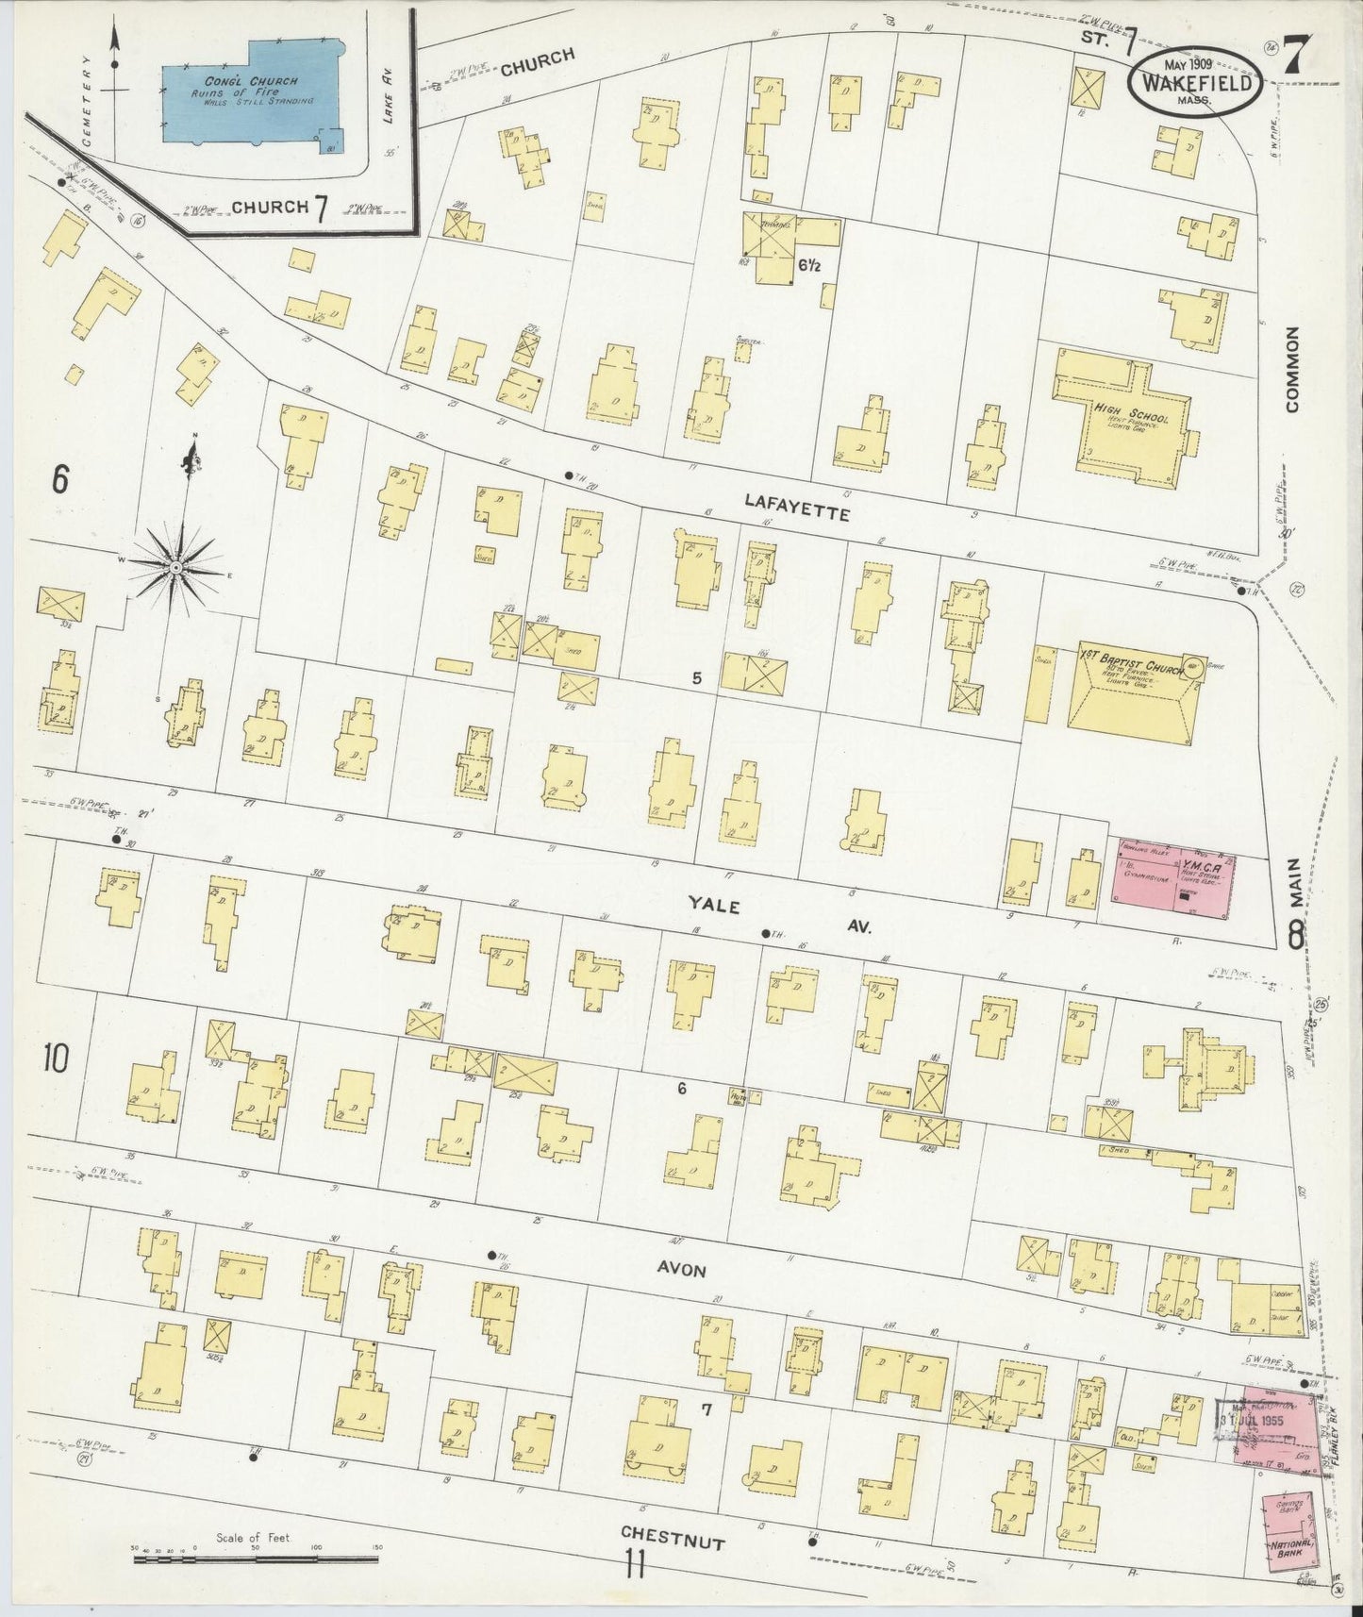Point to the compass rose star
pos(176,566)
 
